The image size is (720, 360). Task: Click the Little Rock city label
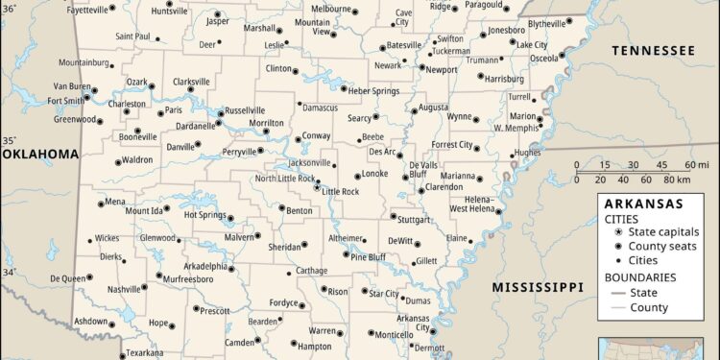341,192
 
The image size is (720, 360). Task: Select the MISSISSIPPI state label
538,287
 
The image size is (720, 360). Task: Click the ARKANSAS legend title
642,204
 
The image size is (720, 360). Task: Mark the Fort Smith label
66,100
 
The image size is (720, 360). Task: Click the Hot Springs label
204,215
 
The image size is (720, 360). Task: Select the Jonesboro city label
506,30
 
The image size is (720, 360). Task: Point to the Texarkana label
147,353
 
